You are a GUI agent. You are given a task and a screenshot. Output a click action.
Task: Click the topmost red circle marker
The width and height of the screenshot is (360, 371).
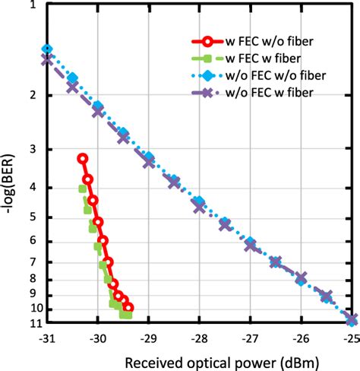[83, 158]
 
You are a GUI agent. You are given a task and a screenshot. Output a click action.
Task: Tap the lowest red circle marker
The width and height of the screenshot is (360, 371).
[128, 308]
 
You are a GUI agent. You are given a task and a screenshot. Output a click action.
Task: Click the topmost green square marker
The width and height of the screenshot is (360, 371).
[83, 189]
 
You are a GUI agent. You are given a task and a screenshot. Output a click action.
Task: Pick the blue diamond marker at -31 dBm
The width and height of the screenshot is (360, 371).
[47, 49]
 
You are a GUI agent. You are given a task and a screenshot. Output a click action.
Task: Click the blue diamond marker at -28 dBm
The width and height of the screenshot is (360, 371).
[199, 201]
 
